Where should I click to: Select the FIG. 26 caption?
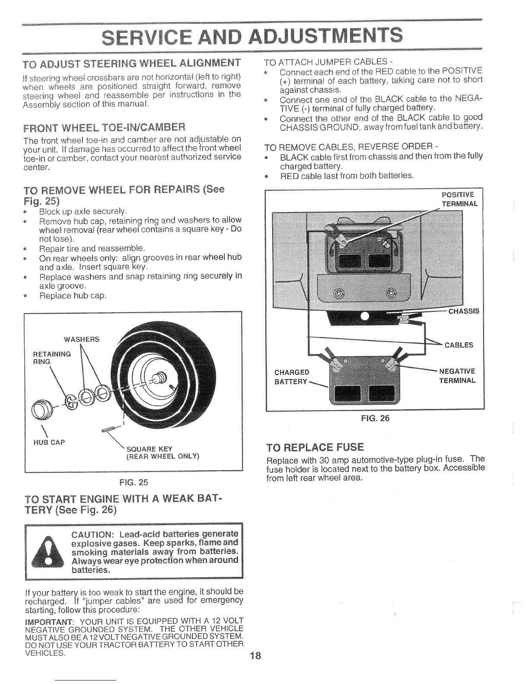(x=375, y=418)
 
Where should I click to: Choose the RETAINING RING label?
(x=52, y=358)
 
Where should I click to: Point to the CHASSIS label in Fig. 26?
(x=463, y=311)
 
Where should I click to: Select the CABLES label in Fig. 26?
(x=459, y=345)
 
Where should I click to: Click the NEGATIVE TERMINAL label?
(x=457, y=376)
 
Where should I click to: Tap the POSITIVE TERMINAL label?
(x=459, y=199)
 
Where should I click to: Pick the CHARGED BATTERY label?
(x=292, y=377)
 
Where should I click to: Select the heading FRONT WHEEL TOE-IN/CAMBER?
(x=104, y=127)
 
